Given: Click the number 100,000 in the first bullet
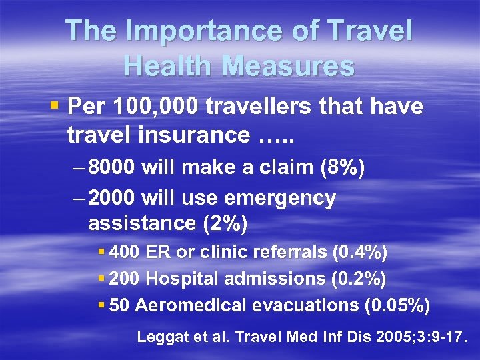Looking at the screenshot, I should [x=144, y=107].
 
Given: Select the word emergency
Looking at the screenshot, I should [x=281, y=198].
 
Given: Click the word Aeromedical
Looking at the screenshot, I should [x=192, y=305].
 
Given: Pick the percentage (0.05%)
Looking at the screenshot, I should [x=397, y=305].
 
